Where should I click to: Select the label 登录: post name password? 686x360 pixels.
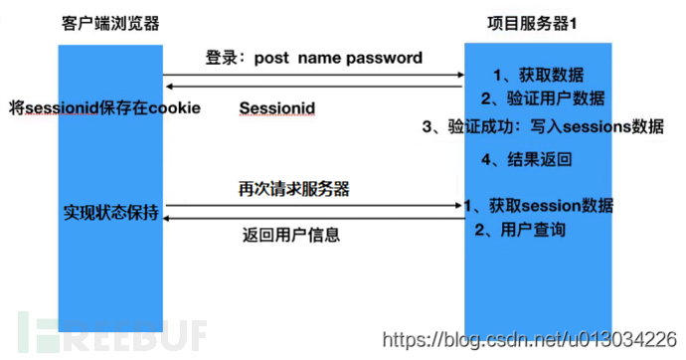pos(313,58)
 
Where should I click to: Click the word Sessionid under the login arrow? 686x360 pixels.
pos(279,106)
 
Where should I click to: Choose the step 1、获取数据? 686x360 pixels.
pos(539,76)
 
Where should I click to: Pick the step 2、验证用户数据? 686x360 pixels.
pos(543,98)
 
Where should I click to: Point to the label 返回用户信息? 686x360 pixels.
pos(290,236)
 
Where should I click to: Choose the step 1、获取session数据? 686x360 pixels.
pos(541,206)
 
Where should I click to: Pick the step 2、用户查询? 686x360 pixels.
pos(520,231)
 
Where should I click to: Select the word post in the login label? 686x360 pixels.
pos(271,58)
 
